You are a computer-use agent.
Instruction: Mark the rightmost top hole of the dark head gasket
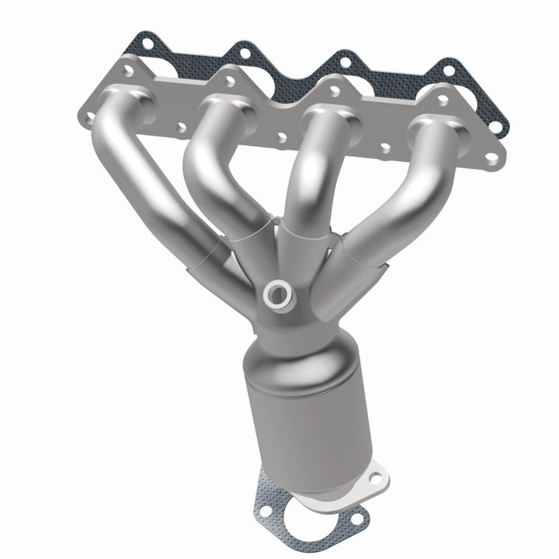click(448, 70)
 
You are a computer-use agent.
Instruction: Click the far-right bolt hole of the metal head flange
click(491, 158)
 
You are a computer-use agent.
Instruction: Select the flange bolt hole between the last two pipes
click(384, 148)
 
